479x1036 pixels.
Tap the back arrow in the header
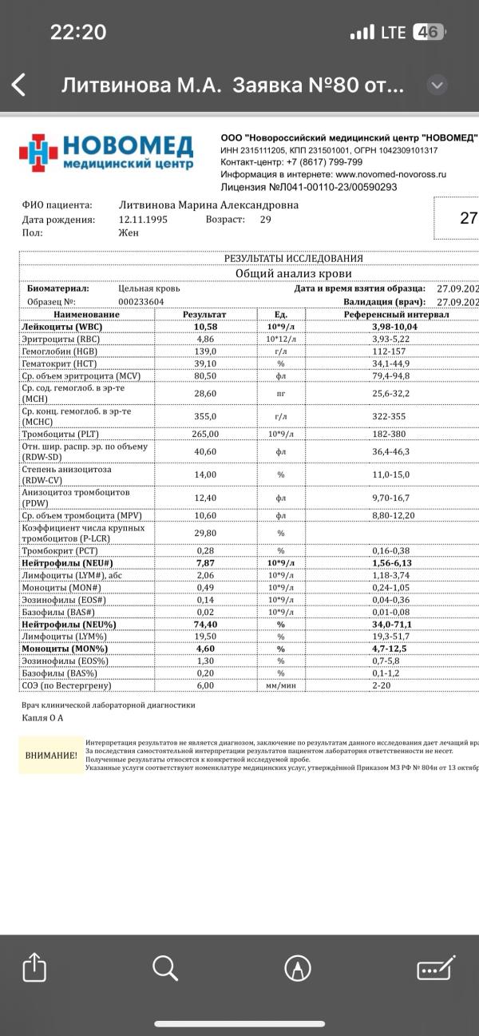(x=18, y=85)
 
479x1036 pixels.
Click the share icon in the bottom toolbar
(x=31, y=968)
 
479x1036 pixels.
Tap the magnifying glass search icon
(x=164, y=968)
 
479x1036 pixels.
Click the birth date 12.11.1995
(x=143, y=219)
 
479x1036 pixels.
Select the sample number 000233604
(x=141, y=302)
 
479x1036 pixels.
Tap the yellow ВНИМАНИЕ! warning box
(x=51, y=755)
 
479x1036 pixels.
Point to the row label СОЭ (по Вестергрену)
(x=67, y=685)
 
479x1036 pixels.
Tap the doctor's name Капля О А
(x=42, y=718)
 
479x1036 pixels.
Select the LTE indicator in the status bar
(x=394, y=33)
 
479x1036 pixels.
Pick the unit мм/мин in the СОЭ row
(x=280, y=685)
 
